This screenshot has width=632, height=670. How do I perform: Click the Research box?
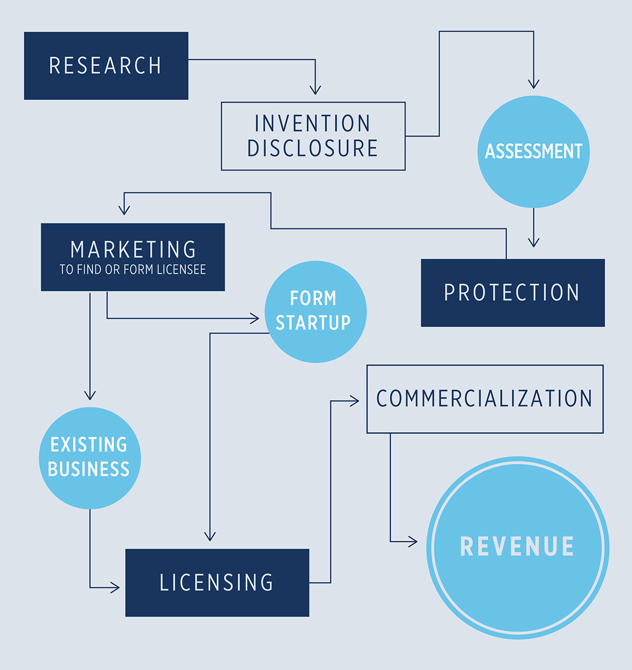[x=106, y=65]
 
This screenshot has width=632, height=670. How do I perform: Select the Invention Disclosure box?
[x=313, y=136]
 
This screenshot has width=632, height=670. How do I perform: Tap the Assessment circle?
[x=533, y=151]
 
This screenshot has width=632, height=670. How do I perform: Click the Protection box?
[x=512, y=292]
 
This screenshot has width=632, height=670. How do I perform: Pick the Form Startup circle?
[x=315, y=311]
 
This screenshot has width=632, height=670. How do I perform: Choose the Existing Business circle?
[x=89, y=458]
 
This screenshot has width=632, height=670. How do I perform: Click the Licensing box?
[x=217, y=582]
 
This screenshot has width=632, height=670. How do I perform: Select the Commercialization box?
[x=485, y=399]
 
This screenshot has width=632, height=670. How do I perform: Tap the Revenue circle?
[x=517, y=547]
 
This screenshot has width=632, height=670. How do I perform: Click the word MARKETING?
[x=133, y=250]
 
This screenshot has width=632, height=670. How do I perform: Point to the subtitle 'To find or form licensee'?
[x=132, y=270]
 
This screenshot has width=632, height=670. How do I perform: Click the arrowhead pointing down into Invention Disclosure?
[x=315, y=90]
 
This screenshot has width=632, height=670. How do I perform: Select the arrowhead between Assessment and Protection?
[x=533, y=242]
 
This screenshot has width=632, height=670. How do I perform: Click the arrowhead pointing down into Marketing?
[x=124, y=210]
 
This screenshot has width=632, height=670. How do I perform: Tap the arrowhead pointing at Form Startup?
[x=255, y=318]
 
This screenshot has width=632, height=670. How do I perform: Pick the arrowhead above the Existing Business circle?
[x=90, y=395]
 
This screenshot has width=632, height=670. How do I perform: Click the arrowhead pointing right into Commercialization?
[x=354, y=401]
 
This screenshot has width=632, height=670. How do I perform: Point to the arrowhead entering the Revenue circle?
[x=413, y=541]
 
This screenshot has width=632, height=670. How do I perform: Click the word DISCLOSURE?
[x=313, y=149]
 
